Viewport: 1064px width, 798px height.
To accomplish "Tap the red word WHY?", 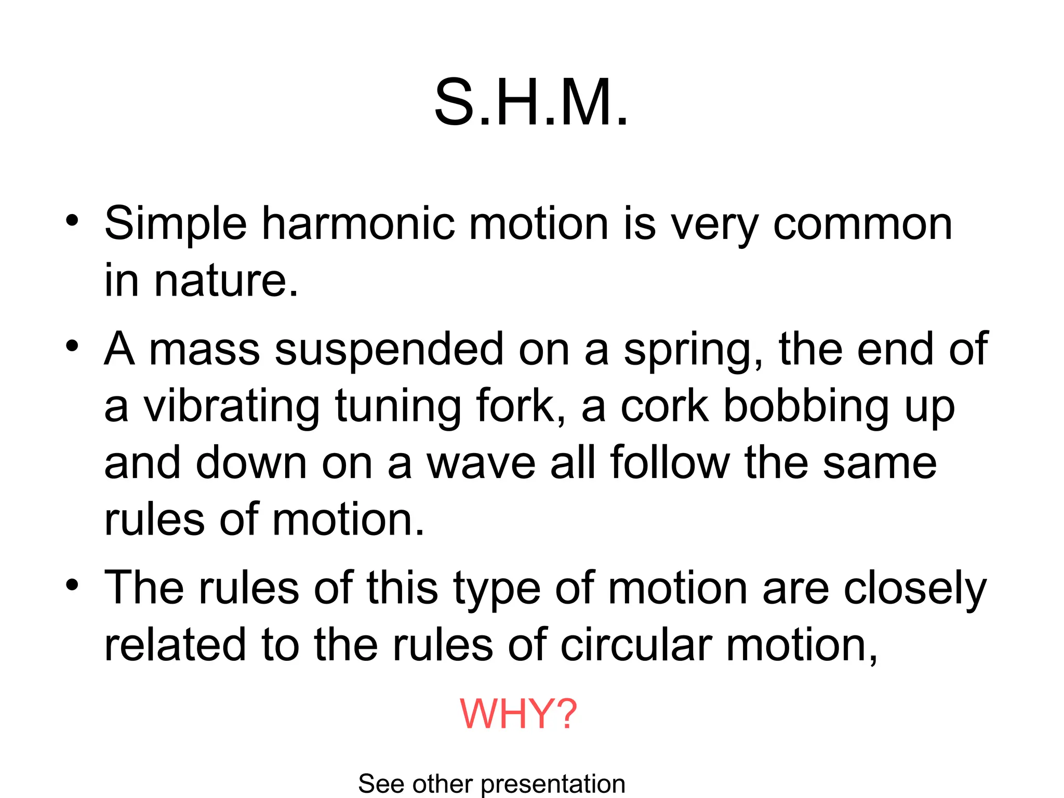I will pyautogui.click(x=518, y=714).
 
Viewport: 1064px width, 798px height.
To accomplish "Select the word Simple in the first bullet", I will pyautogui.click(x=176, y=224).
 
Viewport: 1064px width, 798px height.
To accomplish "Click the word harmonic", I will pyautogui.click(x=358, y=224).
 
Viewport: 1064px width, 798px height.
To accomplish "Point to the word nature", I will pyautogui.click(x=227, y=281).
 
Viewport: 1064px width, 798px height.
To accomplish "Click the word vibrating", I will pyautogui.click(x=232, y=407).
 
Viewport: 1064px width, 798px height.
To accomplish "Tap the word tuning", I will pyautogui.click(x=398, y=407).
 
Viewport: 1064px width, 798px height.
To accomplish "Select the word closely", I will pyautogui.click(x=915, y=589).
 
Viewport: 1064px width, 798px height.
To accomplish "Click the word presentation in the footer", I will pyautogui.click(x=553, y=784).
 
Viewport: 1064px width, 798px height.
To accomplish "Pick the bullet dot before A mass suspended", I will pyautogui.click(x=72, y=346).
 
